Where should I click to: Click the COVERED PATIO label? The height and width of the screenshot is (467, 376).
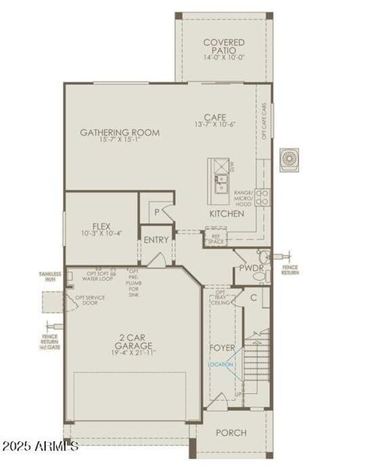(223, 47)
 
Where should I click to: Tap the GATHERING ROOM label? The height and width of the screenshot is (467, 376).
(120, 132)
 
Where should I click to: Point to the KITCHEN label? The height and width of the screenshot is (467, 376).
(227, 212)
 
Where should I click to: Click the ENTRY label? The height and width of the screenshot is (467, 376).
(156, 240)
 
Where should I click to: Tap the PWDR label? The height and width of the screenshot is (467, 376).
(252, 269)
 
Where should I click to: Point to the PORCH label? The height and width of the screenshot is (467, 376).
(231, 432)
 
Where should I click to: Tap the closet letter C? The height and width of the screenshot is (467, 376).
(254, 297)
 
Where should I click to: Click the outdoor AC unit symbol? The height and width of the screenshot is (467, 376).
(293, 159)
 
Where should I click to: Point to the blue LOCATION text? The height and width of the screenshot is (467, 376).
(220, 364)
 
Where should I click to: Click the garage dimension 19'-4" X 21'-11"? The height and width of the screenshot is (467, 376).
(134, 353)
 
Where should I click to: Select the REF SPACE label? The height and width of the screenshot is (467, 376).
(215, 239)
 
